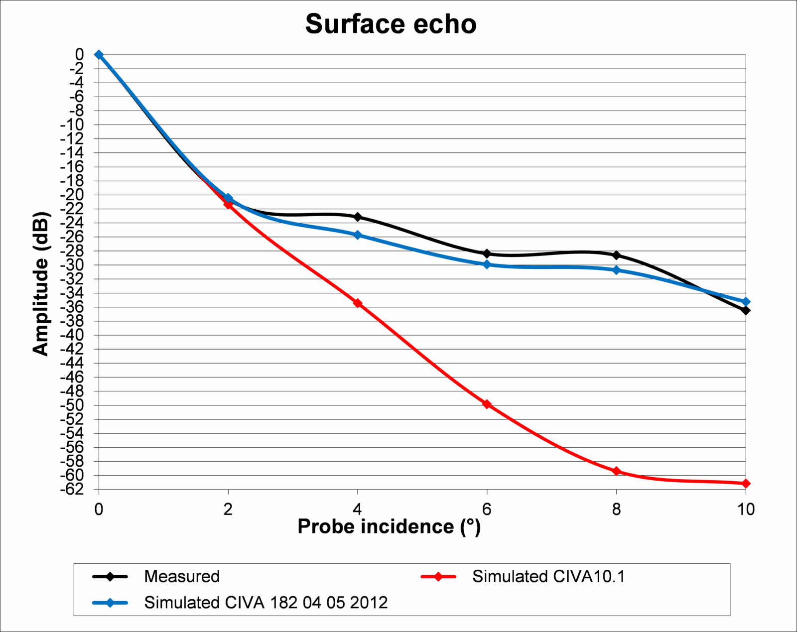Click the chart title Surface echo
click(x=391, y=24)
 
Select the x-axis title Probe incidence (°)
click(x=389, y=526)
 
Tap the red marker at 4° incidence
click(x=358, y=303)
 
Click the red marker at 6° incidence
click(x=487, y=404)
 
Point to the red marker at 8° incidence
click(x=616, y=471)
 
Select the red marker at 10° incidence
click(x=746, y=483)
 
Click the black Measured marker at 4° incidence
click(x=358, y=217)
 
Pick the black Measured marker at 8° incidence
click(x=616, y=255)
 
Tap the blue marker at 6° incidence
click(x=487, y=264)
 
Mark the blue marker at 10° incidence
click(x=746, y=302)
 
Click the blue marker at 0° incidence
click(x=99, y=55)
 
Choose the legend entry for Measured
click(x=182, y=576)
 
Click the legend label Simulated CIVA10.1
click(x=548, y=576)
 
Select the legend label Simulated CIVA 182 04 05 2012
click(x=266, y=603)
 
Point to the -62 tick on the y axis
click(x=72, y=490)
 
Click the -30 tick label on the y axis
click(x=72, y=265)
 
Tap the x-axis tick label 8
click(x=616, y=509)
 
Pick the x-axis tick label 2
click(x=228, y=509)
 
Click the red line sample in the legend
click(x=438, y=577)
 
